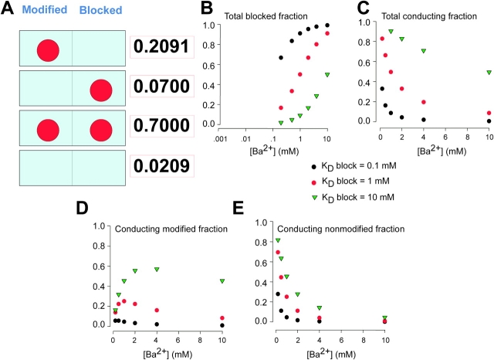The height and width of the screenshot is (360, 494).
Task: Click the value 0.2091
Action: coord(159,47)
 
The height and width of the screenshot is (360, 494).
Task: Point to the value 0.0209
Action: coord(159,167)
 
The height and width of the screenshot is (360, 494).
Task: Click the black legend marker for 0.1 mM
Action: coord(313,165)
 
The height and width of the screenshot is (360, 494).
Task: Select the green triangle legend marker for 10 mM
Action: coord(313,196)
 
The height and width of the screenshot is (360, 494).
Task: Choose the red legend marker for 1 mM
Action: coord(313,181)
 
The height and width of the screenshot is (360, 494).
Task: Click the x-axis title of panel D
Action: coord(154,341)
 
